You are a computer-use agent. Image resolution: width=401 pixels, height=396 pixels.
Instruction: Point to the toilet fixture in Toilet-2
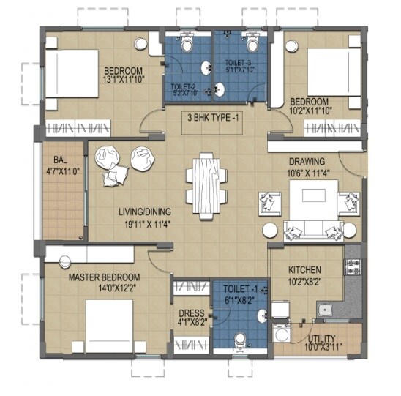point(187,45)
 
